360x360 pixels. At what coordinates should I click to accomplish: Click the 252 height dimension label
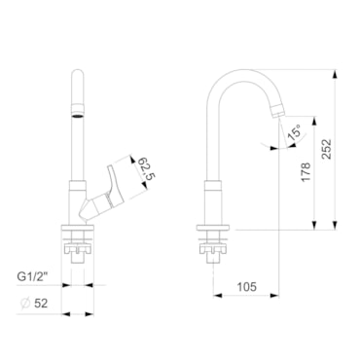[326, 149]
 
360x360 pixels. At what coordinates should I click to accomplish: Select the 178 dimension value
[306, 172]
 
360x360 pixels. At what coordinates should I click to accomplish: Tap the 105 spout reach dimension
[246, 287]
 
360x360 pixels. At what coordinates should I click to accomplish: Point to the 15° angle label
[294, 132]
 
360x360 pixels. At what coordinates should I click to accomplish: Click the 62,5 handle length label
[147, 168]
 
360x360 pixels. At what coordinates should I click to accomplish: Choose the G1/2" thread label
[32, 276]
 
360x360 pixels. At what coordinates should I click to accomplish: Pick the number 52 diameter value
[41, 304]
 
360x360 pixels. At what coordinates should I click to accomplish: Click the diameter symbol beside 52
[25, 304]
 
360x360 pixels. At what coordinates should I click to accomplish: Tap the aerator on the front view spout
[78, 111]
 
